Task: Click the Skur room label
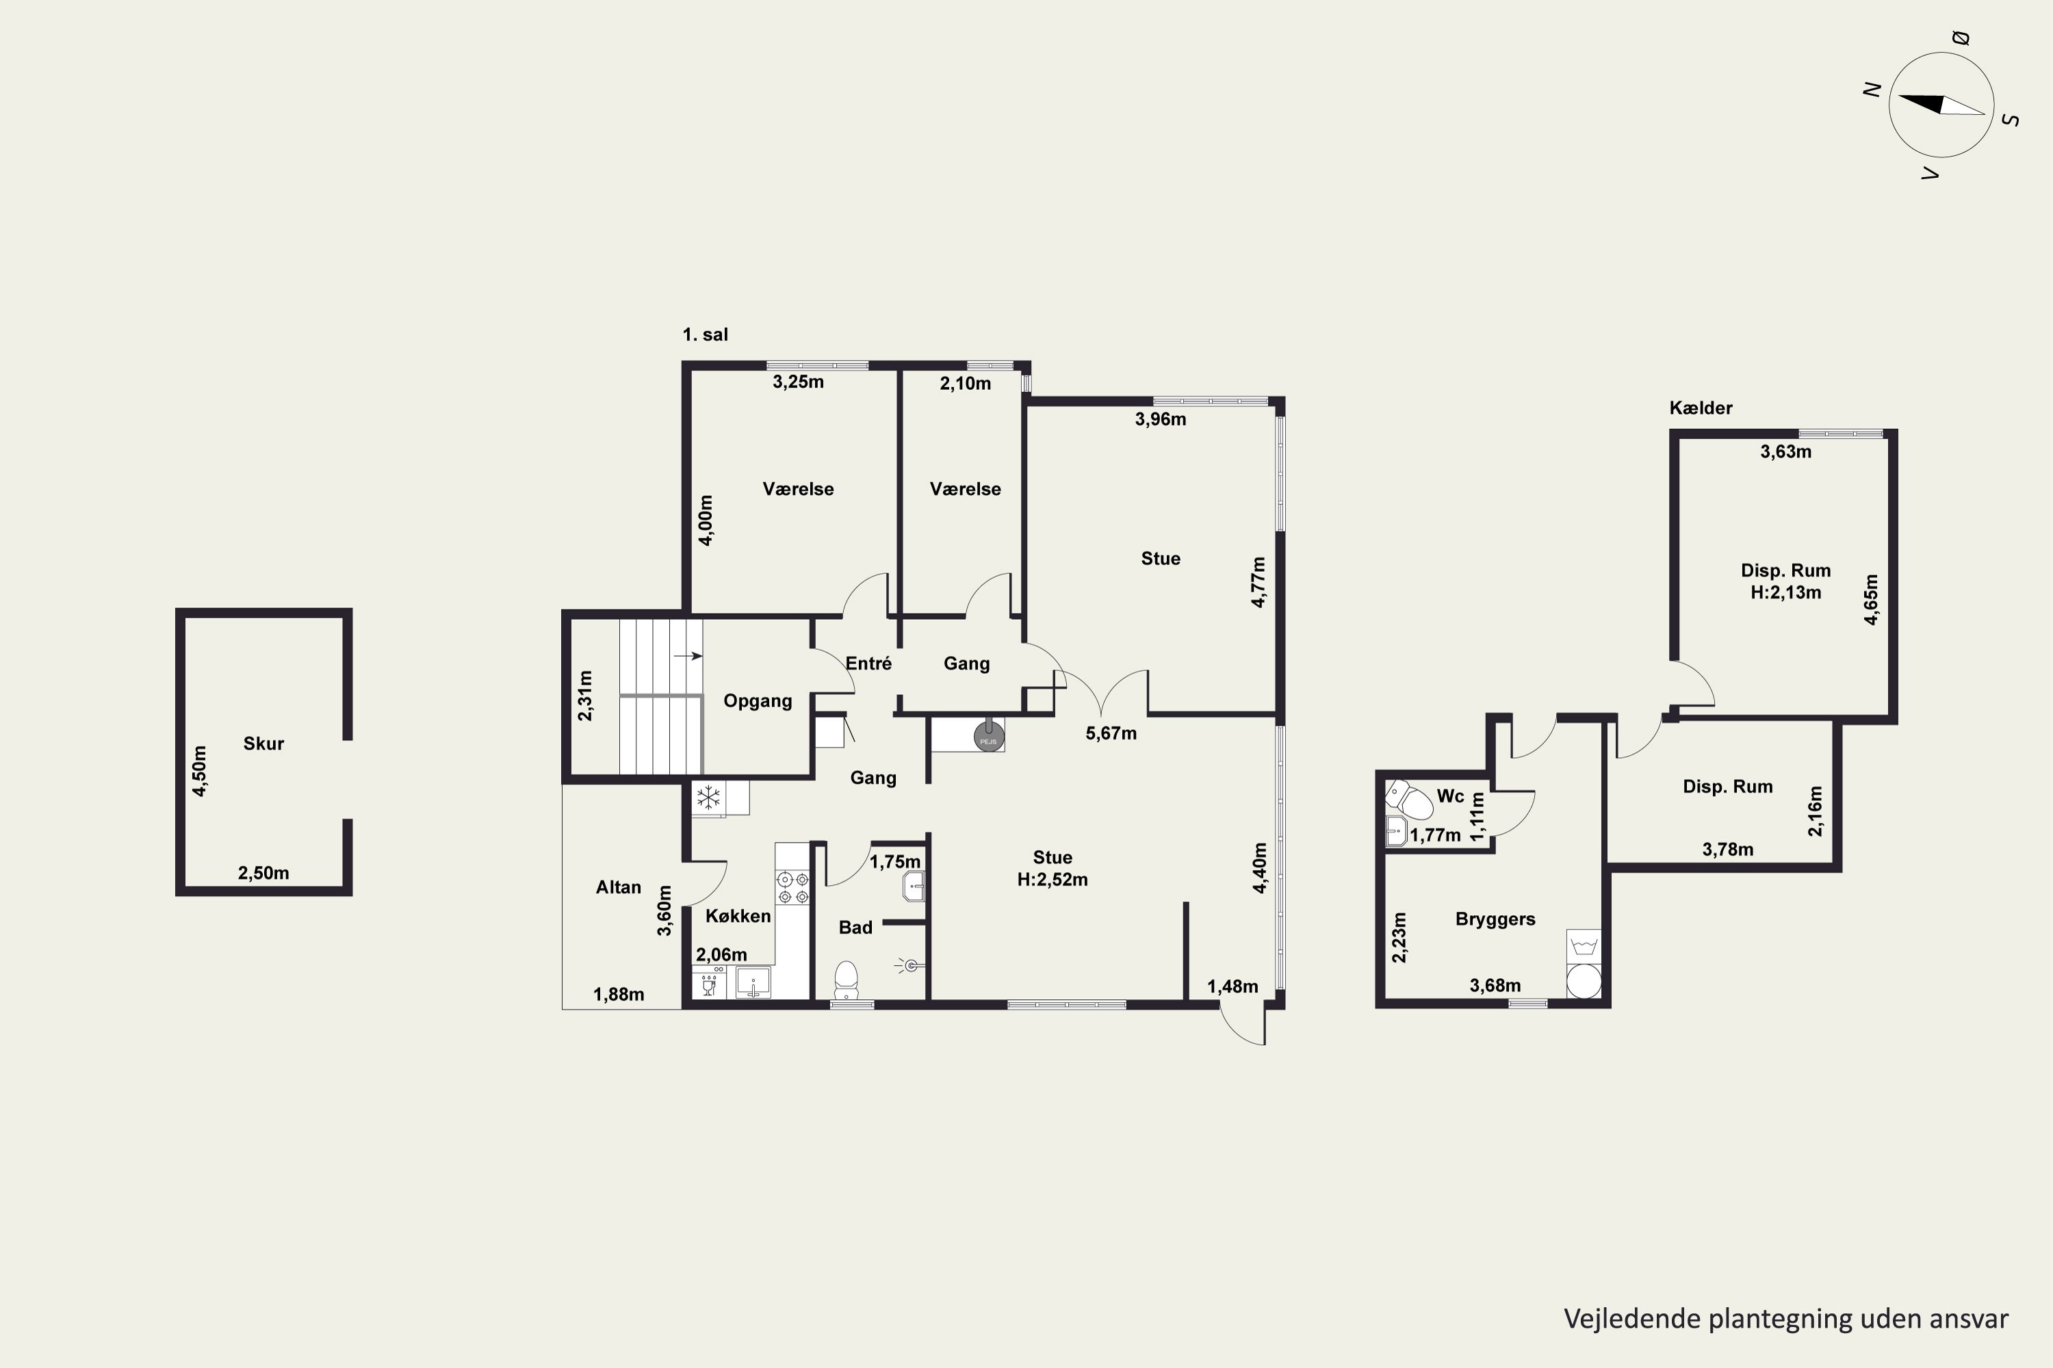263,744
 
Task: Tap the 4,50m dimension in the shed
200,772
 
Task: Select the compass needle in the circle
1941,105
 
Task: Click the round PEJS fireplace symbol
989,737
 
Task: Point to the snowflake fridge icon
708,797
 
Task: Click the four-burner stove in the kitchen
792,887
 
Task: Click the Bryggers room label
1495,919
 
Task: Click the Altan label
618,887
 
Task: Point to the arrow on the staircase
688,656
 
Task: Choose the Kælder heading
1701,408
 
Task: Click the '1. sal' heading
706,334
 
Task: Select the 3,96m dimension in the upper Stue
1160,419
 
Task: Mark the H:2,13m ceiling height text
1786,592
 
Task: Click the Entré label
868,663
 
